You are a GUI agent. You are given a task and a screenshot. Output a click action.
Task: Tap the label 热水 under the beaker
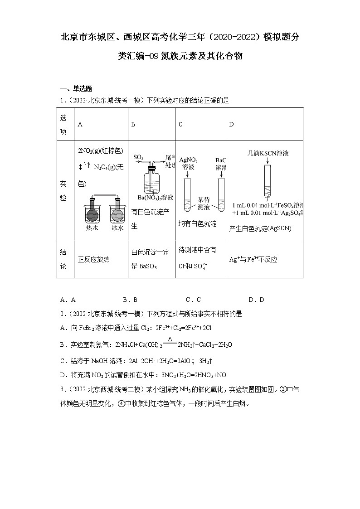(92, 228)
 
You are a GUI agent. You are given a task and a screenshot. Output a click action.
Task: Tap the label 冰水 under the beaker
(117, 228)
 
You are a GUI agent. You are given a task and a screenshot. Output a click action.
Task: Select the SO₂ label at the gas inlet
(138, 157)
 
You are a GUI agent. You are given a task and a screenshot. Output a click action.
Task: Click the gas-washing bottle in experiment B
(151, 181)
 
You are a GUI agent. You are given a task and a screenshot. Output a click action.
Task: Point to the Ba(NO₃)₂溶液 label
(156, 198)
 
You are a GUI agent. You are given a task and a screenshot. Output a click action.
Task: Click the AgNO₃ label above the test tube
(188, 160)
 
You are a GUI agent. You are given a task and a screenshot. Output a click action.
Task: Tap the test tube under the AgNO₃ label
(187, 195)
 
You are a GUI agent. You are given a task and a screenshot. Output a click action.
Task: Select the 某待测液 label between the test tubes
(204, 203)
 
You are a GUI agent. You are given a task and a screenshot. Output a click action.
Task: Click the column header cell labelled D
(232, 124)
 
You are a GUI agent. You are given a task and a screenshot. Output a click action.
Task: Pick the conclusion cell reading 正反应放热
(94, 260)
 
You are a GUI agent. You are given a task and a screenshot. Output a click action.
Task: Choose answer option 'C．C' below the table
(193, 300)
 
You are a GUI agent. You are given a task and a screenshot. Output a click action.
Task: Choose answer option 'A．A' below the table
(68, 300)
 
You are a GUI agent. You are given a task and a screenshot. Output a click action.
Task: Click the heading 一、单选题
(76, 89)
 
